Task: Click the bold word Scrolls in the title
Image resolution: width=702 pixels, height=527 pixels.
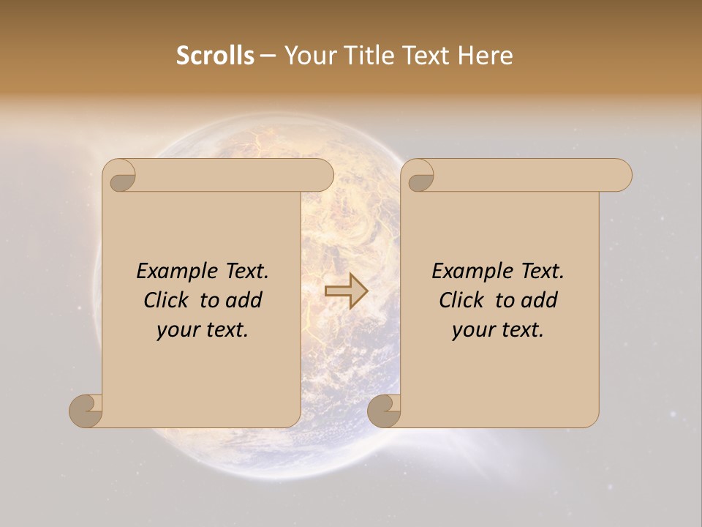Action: pyautogui.click(x=215, y=56)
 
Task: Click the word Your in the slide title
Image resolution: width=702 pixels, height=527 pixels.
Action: pyautogui.click(x=308, y=56)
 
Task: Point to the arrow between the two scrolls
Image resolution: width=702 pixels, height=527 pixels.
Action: pyautogui.click(x=346, y=291)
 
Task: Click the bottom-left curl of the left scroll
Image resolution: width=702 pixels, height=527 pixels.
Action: pyautogui.click(x=85, y=411)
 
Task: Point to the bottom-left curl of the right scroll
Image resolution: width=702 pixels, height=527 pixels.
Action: pyautogui.click(x=383, y=411)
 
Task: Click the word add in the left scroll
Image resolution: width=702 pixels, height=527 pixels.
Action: pyautogui.click(x=244, y=300)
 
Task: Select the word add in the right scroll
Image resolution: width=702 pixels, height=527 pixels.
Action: pyautogui.click(x=540, y=300)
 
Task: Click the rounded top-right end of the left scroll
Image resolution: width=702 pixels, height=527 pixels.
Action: pyautogui.click(x=322, y=175)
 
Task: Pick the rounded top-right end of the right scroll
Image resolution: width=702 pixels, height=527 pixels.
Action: pyautogui.click(x=621, y=175)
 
